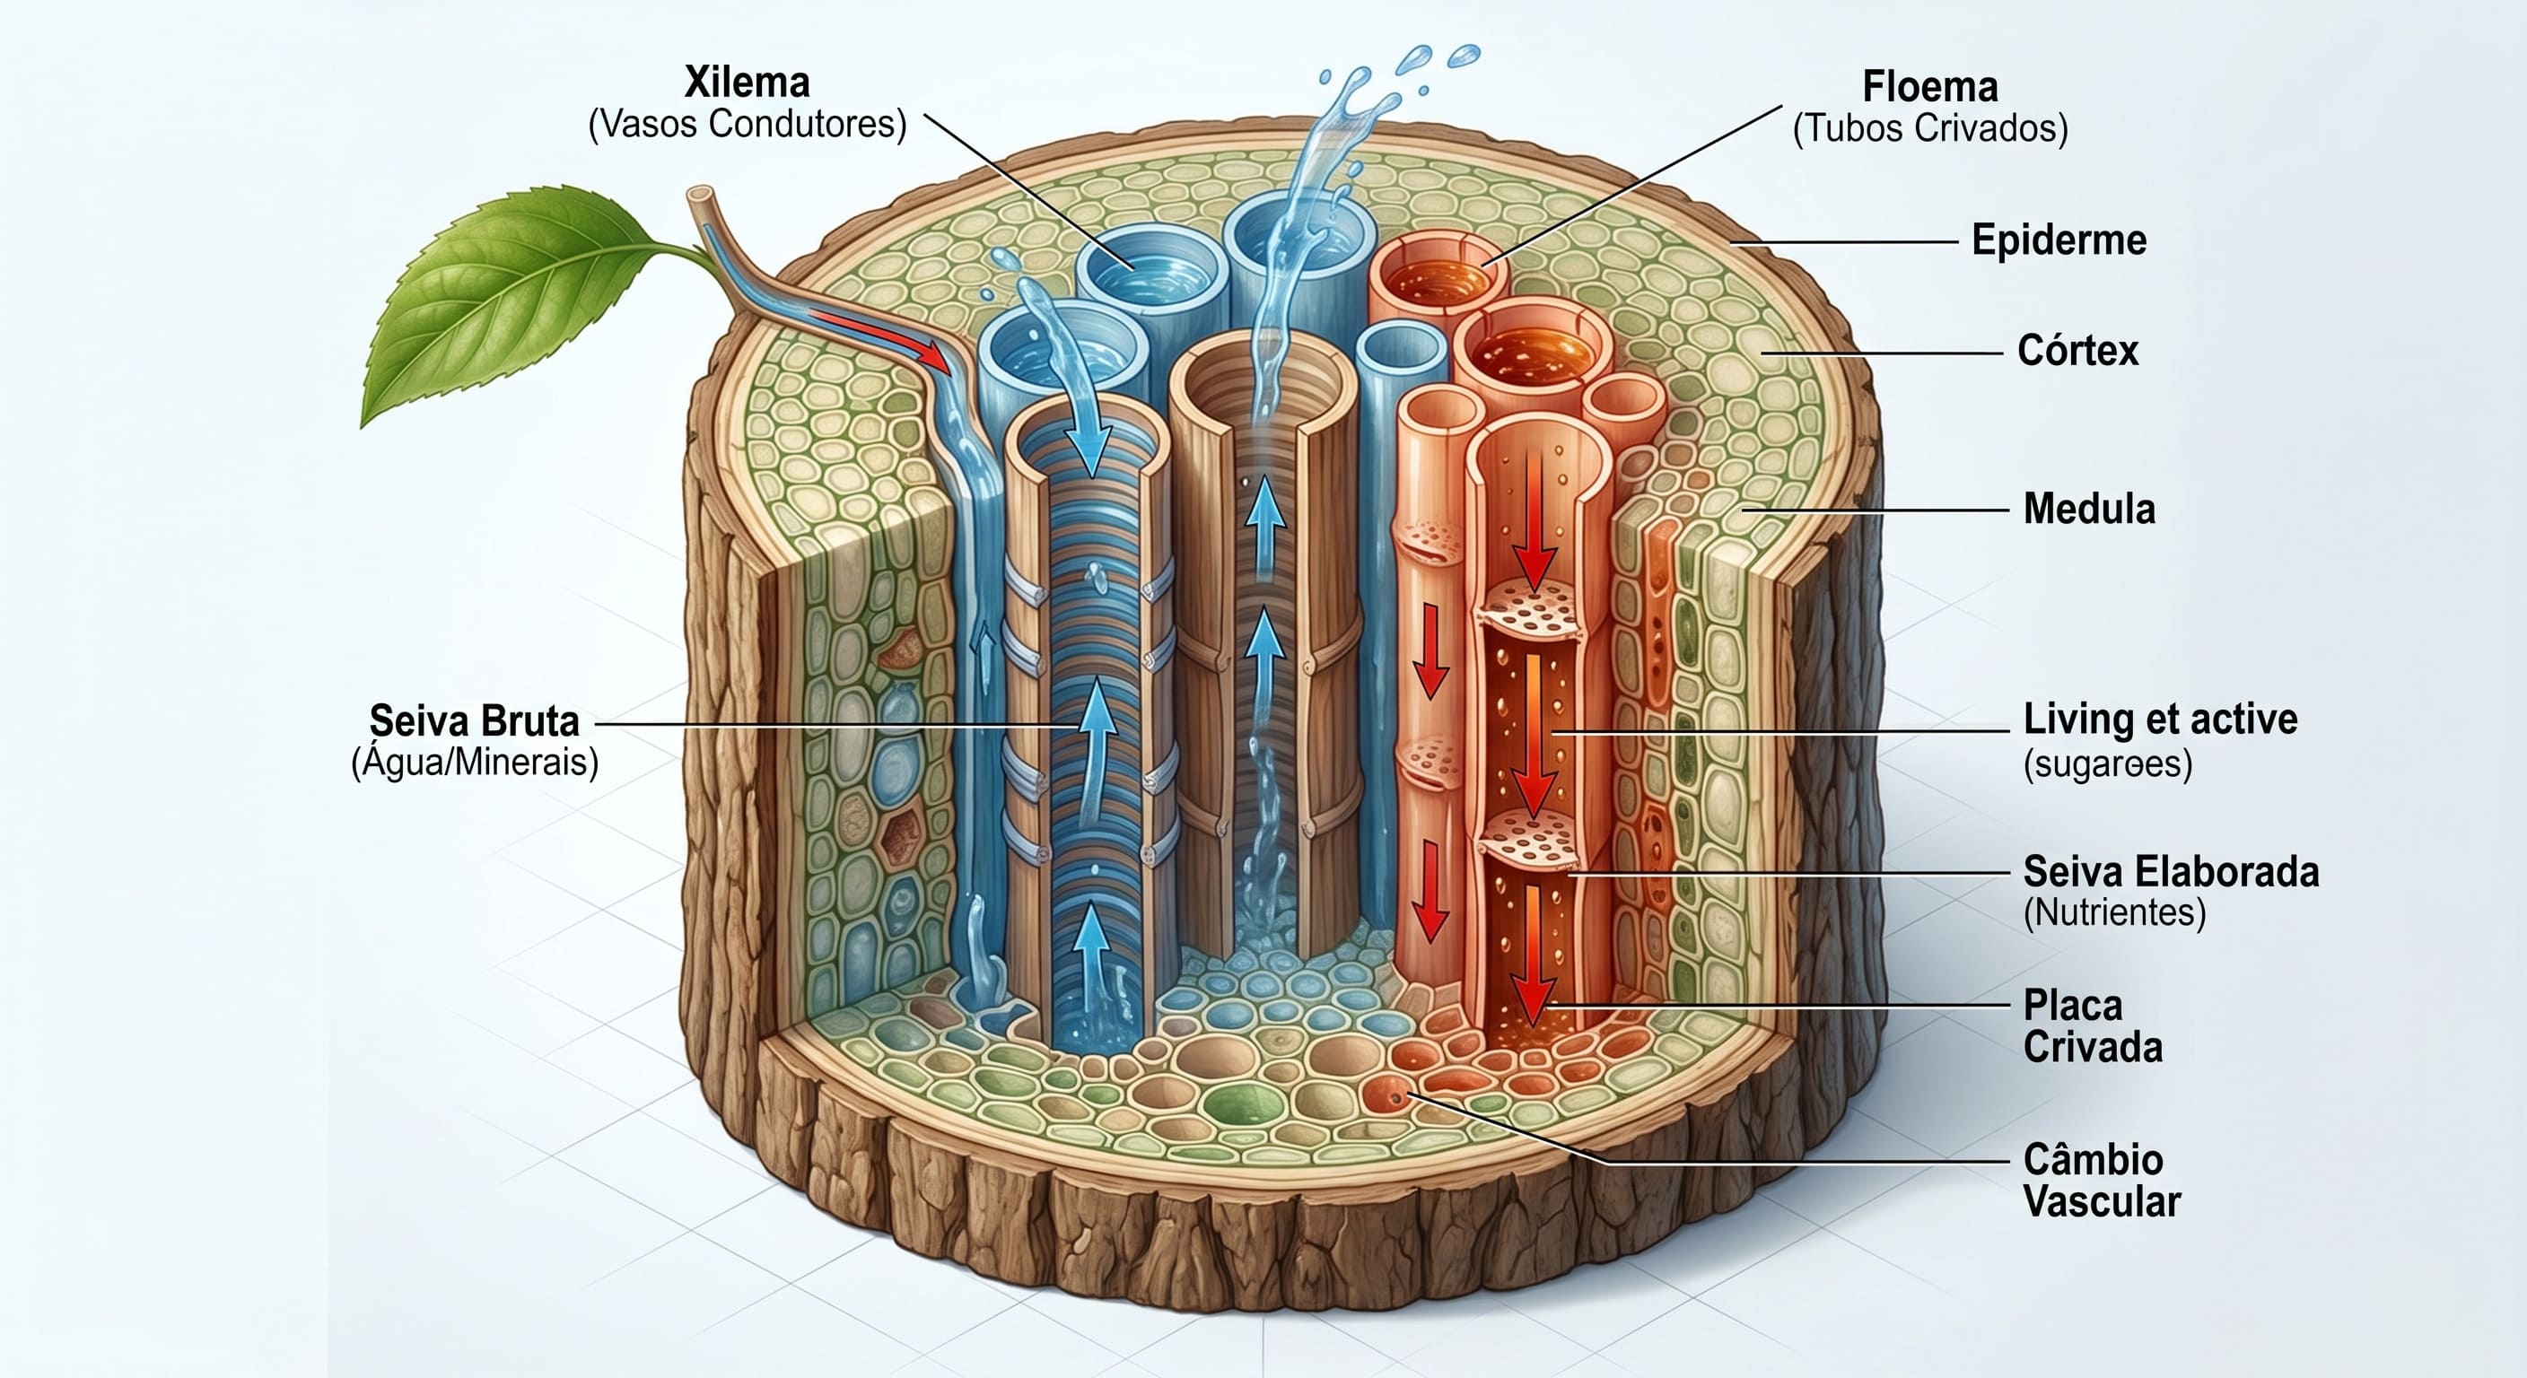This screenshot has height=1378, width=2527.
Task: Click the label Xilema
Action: click(747, 83)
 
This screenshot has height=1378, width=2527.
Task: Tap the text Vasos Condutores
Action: click(748, 125)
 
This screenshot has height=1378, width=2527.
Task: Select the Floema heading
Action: click(1929, 87)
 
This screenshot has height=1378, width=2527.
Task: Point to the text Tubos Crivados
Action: click(1929, 128)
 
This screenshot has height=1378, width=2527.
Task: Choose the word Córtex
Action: click(2077, 350)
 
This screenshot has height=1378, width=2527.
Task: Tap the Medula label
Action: click(2089, 509)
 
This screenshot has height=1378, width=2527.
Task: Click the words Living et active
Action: click(2160, 719)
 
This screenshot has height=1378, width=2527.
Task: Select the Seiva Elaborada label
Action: click(2171, 872)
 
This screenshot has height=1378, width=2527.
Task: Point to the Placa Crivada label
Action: click(2093, 1026)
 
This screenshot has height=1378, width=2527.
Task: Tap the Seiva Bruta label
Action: click(474, 721)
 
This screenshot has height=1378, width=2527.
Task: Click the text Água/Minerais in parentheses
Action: click(475, 762)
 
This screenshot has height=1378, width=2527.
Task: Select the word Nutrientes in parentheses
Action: click(2114, 913)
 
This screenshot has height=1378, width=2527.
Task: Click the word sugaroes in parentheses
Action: click(2107, 764)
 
